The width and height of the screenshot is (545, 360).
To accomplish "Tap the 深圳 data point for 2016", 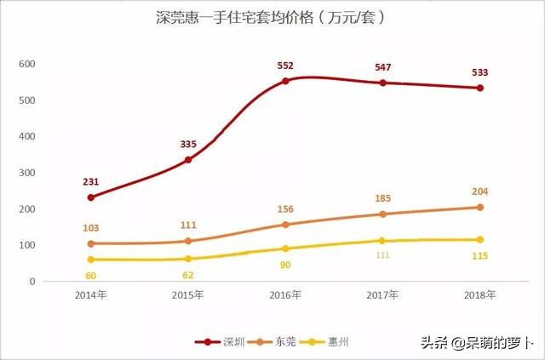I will coord(285,81).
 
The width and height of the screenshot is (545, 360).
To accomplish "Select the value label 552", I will coord(285,65).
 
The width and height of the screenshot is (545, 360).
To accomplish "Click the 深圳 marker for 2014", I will coord(90,197).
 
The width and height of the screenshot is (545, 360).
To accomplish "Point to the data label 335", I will coord(188,144).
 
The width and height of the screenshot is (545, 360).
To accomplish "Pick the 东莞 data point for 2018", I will coord(480,207).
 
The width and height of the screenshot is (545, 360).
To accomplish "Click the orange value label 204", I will coord(480,191).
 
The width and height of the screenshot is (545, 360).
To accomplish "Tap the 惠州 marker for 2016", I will coord(285,249).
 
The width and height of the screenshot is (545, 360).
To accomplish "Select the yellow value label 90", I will coord(285,265).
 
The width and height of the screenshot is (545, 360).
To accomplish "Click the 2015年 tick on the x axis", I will coord(188,295).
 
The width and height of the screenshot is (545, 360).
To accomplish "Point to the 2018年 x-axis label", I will coord(480,295).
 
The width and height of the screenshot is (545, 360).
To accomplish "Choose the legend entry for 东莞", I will coord(272,341).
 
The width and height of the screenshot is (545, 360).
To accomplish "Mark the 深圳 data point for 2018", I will coord(480,88).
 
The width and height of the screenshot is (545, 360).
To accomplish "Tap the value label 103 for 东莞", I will coord(90,228).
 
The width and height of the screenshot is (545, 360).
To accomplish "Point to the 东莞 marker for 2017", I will coord(382,214).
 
